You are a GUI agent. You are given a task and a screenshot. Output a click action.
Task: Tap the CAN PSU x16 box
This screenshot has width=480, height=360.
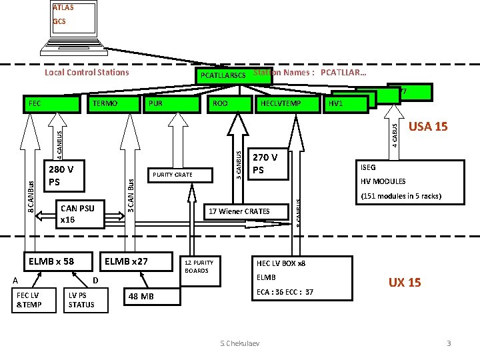click(77, 213)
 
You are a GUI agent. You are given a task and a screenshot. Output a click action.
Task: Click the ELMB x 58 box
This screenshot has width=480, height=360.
click(51, 261)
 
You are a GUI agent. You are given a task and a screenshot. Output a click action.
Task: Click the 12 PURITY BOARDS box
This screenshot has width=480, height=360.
click(200, 267)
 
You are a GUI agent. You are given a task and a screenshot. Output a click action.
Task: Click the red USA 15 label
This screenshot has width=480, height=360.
click(427, 127)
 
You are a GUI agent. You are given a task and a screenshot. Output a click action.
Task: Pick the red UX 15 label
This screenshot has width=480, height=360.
click(405, 283)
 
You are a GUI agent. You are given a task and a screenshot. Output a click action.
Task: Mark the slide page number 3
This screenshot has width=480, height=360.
click(449, 343)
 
